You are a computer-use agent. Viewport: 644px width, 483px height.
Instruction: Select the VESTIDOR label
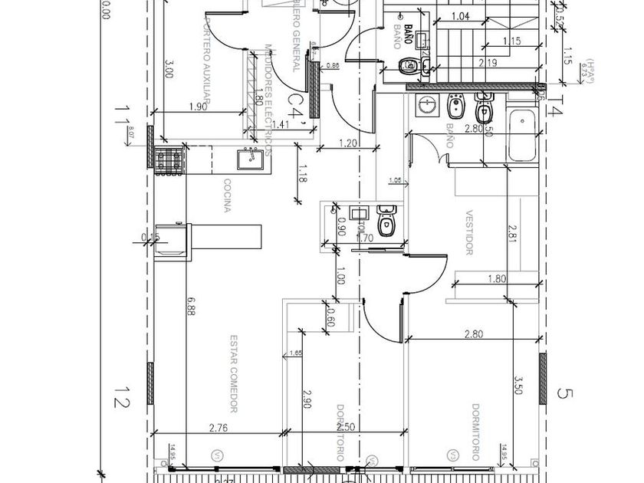tap(468, 234)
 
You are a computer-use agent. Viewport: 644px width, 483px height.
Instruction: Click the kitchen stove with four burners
tap(169, 159)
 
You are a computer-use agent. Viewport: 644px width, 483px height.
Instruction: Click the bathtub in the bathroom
tap(522, 136)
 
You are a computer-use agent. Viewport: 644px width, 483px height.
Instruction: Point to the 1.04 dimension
tap(460, 15)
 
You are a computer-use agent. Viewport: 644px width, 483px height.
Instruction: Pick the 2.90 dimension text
tap(307, 399)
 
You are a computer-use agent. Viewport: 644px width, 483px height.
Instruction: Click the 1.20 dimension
tap(349, 143)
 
